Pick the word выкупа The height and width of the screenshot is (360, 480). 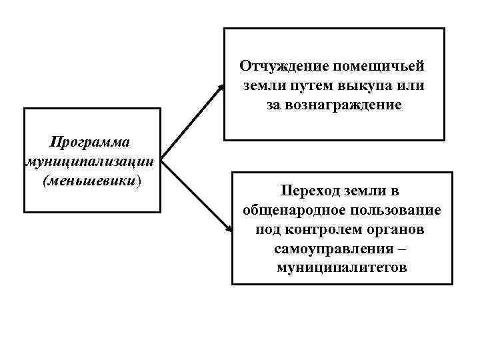[367, 85]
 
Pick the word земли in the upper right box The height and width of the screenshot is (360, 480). [262, 85]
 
